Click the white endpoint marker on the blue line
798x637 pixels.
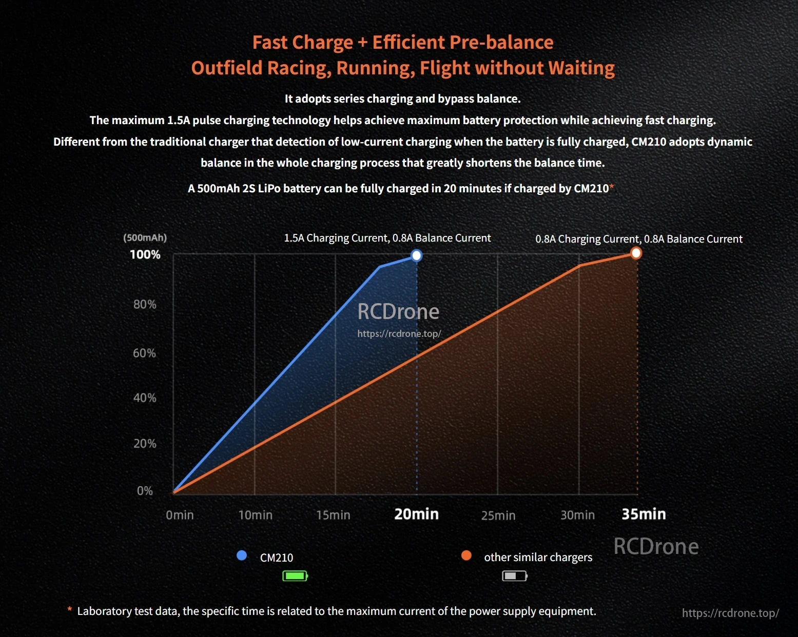point(417,255)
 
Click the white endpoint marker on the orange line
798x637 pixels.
point(636,253)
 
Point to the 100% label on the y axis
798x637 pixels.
point(145,254)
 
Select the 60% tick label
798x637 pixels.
point(144,353)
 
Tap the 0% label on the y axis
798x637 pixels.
point(145,491)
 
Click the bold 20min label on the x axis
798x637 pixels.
point(416,514)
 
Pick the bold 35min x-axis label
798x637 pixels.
point(644,514)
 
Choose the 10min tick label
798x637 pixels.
point(255,515)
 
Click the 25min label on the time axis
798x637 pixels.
point(498,515)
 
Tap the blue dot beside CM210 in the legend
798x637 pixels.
point(242,555)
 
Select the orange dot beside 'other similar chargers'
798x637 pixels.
point(466,555)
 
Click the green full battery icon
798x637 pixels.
point(295,576)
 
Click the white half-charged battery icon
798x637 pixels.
point(515,576)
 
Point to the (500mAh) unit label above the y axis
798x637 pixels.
point(145,237)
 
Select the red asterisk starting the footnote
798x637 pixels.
point(70,610)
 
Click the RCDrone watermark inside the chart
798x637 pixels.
point(398,312)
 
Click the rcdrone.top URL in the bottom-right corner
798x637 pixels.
point(730,613)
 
